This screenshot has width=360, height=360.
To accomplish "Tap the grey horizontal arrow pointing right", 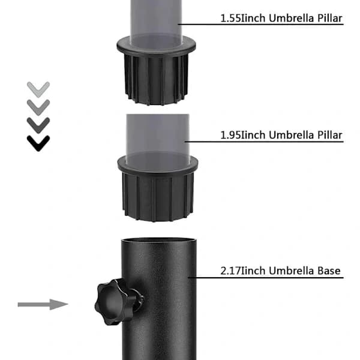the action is (x=43, y=304).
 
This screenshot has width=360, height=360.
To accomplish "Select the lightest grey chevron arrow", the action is (x=38, y=89).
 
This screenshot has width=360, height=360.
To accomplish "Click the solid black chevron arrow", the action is (x=38, y=143).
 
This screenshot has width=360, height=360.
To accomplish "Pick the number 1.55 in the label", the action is (x=230, y=19).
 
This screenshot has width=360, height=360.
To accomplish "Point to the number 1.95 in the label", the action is (x=230, y=135).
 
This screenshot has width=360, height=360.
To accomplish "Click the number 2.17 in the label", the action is (x=230, y=271).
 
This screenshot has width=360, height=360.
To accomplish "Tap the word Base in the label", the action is (x=329, y=271).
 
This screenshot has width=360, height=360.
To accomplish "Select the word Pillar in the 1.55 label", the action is (x=329, y=19).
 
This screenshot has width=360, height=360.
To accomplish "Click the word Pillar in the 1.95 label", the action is (x=329, y=135).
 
